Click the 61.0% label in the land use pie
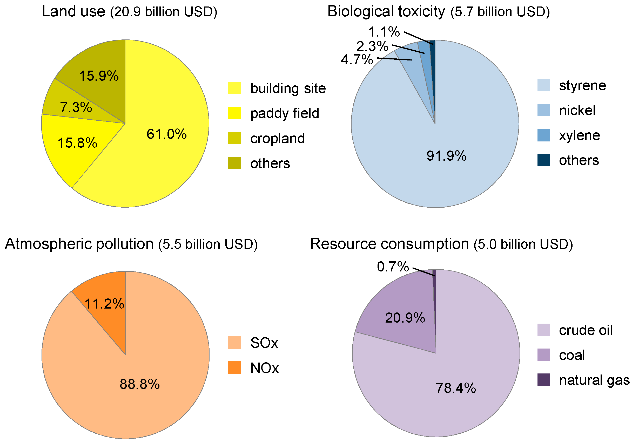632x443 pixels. click(166, 134)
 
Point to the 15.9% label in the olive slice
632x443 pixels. click(99, 76)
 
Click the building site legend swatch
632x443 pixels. click(234, 88)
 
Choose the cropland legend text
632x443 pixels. click(278, 138)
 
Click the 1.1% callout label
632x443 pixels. click(384, 32)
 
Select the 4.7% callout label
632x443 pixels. click(357, 60)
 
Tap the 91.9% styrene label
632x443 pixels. click(446, 156)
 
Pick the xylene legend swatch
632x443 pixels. click(543, 135)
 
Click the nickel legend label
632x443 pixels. click(577, 110)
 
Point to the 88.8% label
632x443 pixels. click(139, 384)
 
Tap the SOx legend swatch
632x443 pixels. click(234, 343)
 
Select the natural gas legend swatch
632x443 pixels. click(543, 380)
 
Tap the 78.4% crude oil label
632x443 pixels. click(455, 388)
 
